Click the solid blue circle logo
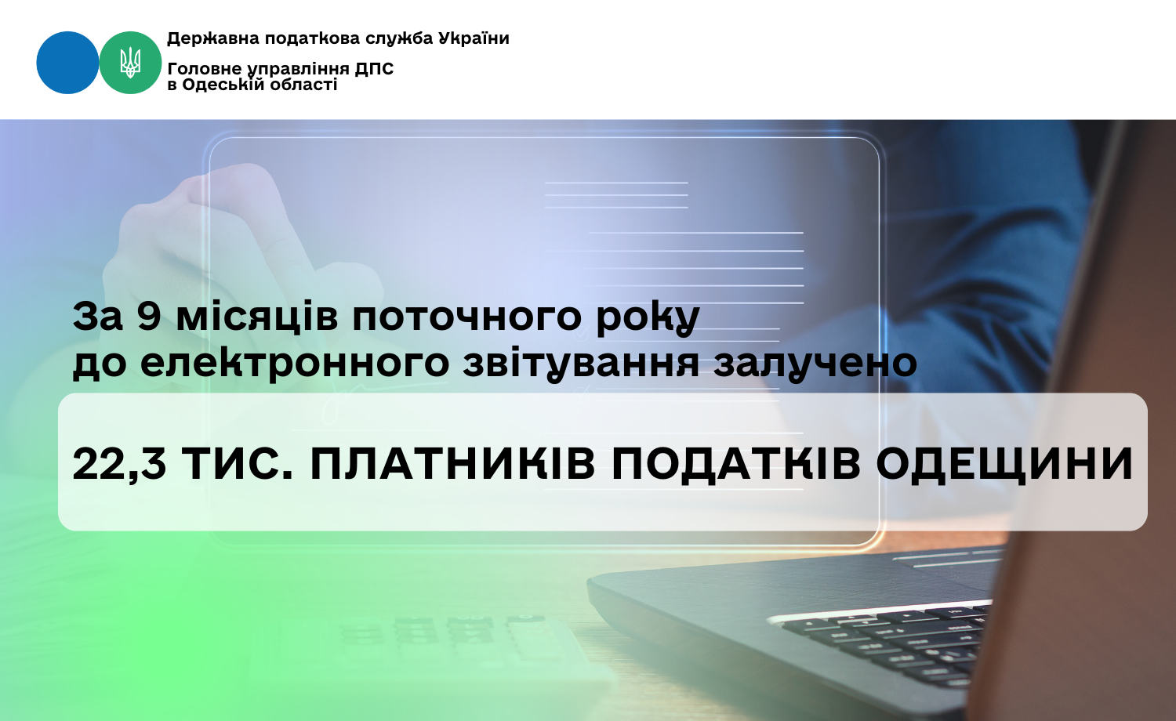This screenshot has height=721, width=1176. click(67, 63)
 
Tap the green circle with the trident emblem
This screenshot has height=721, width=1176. click(130, 63)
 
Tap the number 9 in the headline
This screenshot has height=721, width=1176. click(149, 317)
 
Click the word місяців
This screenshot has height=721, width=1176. click(256, 317)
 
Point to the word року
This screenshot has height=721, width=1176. click(648, 319)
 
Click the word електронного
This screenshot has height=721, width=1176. click(294, 363)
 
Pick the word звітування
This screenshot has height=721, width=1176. click(581, 363)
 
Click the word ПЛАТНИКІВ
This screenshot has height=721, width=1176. click(453, 464)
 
